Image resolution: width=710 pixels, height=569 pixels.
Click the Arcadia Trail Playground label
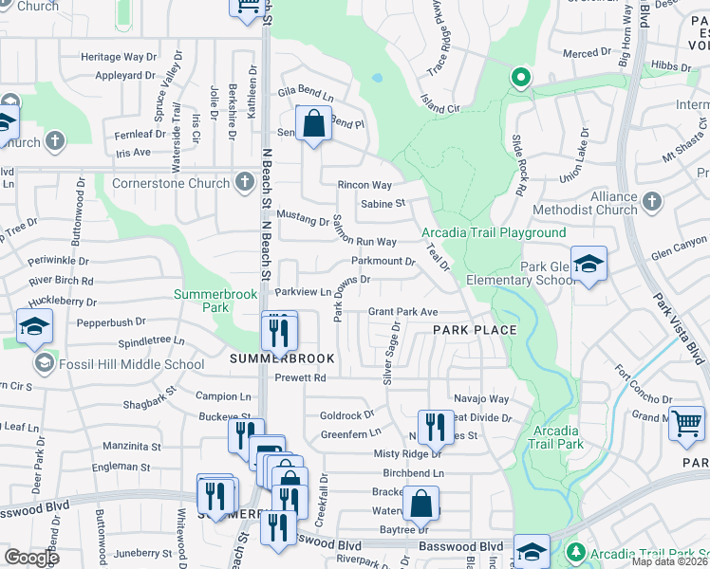494,232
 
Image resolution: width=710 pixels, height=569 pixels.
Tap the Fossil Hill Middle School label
132,364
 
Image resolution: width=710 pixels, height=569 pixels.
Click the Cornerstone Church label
171,183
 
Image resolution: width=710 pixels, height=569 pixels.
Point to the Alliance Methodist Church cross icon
651,201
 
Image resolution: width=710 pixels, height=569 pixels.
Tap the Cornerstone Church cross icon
244,182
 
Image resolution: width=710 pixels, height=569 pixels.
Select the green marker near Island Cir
519,78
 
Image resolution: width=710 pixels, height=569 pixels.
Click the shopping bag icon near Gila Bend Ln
312,123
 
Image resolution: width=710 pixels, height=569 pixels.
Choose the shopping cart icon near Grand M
686,423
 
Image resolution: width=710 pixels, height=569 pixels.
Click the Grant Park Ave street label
402,312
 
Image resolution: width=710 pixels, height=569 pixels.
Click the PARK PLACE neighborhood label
475,330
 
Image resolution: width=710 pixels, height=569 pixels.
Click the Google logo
31,558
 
